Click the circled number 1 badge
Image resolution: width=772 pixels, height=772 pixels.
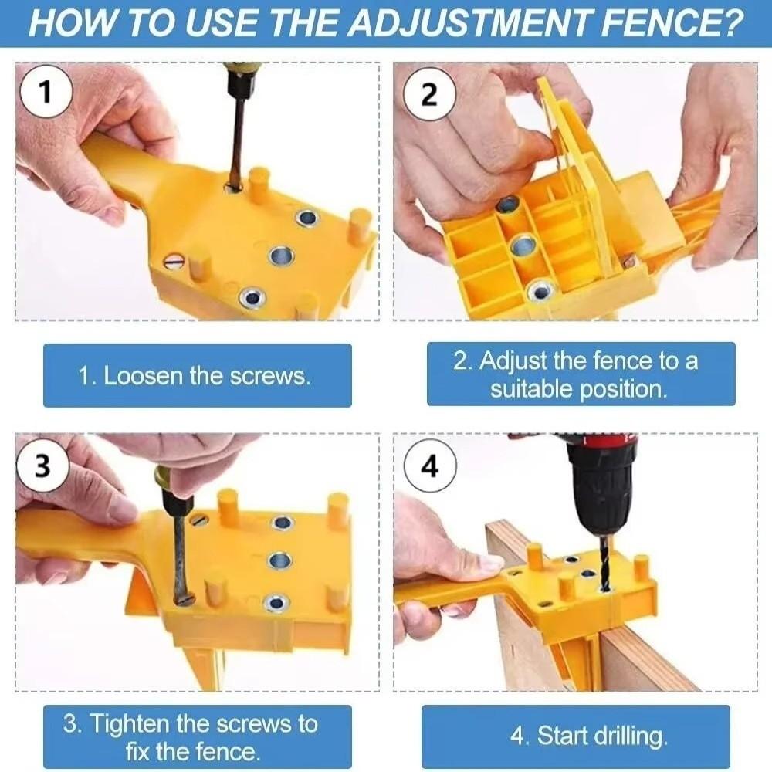pyautogui.click(x=46, y=92)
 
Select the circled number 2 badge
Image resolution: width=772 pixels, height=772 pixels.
pyautogui.click(x=429, y=93)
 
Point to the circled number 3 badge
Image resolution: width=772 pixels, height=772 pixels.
pyautogui.click(x=42, y=466)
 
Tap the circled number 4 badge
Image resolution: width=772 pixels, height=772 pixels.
pyautogui.click(x=430, y=466)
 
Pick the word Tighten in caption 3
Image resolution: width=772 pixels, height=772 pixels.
pyautogui.click(x=130, y=724)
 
